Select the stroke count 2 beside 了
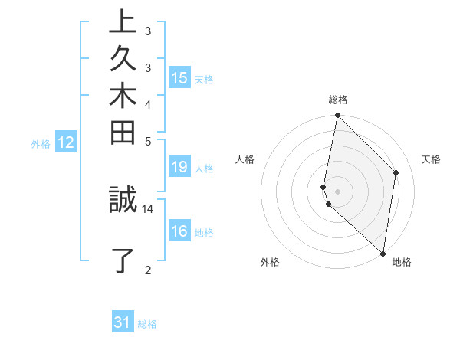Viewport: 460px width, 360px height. pyautogui.click(x=148, y=269)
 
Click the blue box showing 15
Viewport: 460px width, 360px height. pyautogui.click(x=179, y=78)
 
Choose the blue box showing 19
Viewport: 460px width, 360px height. pyautogui.click(x=179, y=168)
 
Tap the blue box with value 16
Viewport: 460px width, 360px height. pyautogui.click(x=179, y=232)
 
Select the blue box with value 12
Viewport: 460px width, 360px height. pyautogui.click(x=66, y=142)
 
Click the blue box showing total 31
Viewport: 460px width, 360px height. pyautogui.click(x=123, y=323)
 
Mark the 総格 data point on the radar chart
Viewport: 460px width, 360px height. pyautogui.click(x=337, y=116)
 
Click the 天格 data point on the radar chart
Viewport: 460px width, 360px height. pyautogui.click(x=396, y=172)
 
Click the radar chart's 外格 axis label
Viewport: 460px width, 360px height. pyautogui.click(x=270, y=262)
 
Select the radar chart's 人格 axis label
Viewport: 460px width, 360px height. pyautogui.click(x=245, y=159)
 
